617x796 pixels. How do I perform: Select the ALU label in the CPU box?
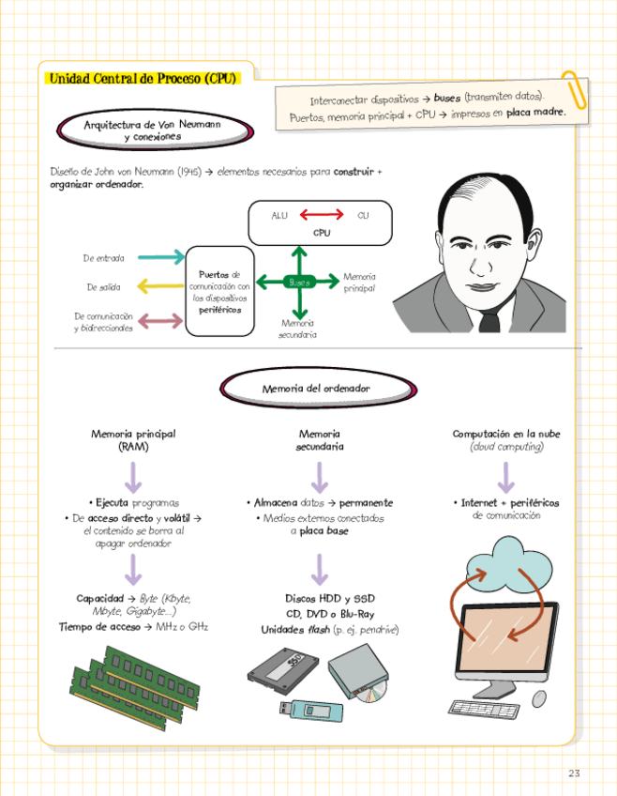(x=279, y=216)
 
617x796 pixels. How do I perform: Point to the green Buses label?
(x=298, y=282)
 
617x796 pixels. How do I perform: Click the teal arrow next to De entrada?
(x=160, y=257)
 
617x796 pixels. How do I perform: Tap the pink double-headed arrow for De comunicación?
(x=160, y=321)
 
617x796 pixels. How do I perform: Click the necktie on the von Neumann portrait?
(x=489, y=322)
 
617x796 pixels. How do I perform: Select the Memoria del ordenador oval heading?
(x=317, y=388)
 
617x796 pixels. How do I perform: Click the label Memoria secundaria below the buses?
(x=297, y=328)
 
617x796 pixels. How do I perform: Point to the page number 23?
(x=574, y=773)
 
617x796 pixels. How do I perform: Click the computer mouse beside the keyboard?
(x=539, y=698)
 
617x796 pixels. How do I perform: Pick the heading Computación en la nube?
(x=507, y=434)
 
